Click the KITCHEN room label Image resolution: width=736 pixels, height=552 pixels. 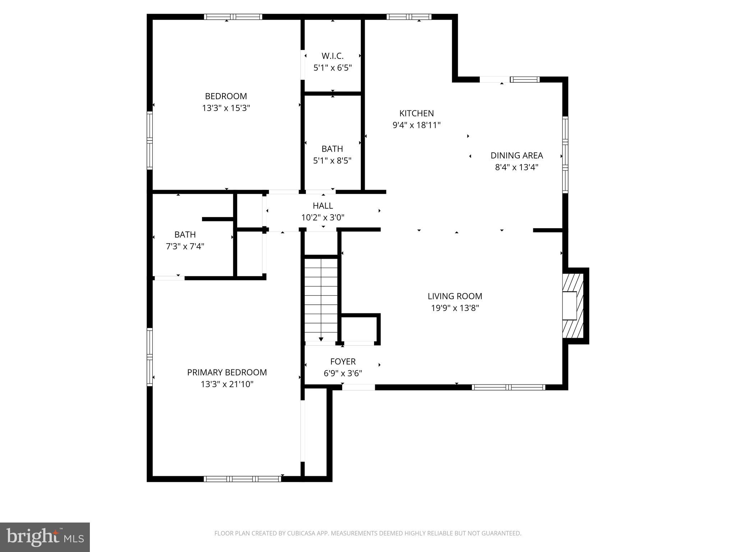417,113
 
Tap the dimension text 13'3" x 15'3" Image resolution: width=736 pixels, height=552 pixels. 226,108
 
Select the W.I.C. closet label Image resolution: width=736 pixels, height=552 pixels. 332,56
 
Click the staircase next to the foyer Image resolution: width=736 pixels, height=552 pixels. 321,298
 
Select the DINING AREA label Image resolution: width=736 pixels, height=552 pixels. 516,155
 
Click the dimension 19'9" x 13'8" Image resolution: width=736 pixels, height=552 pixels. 455,308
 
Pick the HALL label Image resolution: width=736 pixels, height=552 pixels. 323,206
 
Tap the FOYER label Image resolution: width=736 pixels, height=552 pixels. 343,362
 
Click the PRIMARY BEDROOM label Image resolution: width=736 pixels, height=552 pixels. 227,372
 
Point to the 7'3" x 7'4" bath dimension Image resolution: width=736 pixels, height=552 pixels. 185,247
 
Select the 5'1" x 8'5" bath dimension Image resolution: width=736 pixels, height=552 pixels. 332,161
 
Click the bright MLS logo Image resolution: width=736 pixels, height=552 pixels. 45,537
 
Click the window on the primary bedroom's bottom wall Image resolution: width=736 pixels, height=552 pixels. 243,479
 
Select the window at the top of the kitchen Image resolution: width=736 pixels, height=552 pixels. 409,17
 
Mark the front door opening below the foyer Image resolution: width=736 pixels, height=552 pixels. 358,387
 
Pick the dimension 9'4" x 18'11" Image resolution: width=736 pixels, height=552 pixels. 417,125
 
